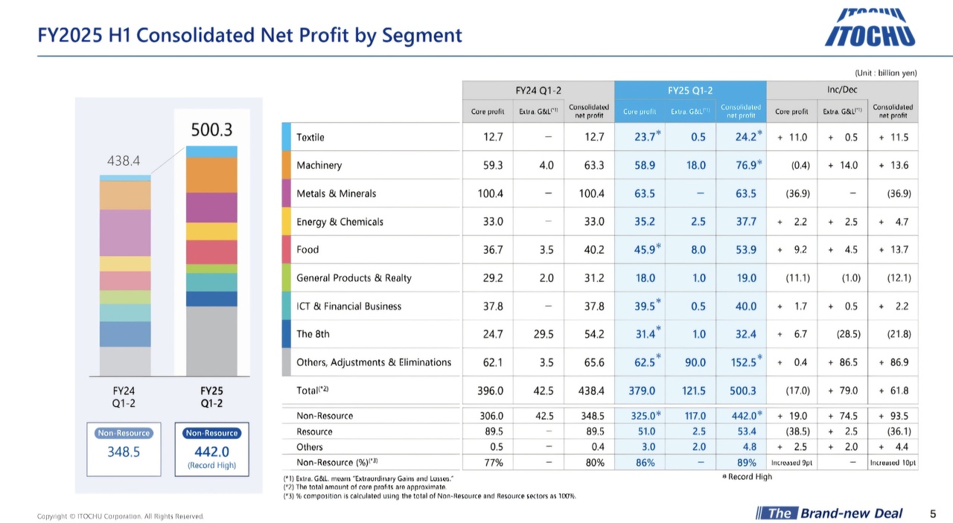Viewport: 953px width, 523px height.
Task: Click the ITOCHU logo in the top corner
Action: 870,28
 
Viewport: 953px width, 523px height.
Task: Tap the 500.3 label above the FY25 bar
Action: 211,130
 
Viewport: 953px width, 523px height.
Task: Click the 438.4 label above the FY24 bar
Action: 125,160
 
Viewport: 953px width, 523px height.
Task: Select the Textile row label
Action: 310,137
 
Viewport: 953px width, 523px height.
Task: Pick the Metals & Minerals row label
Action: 336,193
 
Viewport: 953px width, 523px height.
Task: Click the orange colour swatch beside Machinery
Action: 287,165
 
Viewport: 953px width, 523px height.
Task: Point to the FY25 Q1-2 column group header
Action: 689,90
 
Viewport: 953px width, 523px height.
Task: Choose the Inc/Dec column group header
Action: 842,90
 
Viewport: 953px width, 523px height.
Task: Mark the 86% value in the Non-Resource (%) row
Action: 645,463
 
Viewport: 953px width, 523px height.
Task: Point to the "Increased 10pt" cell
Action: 893,463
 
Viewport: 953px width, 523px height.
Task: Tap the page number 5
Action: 933,513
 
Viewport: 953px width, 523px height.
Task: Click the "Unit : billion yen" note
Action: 885,73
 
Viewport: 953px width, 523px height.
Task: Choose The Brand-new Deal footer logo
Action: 829,513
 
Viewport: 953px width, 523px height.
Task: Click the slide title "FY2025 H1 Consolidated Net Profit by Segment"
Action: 250,35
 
